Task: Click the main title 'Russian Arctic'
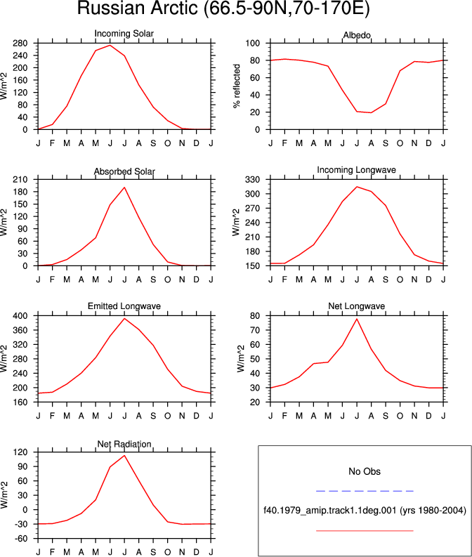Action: (x=137, y=8)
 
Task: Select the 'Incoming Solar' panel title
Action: (x=124, y=34)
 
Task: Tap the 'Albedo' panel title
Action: (x=357, y=35)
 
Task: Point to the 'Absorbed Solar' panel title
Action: (x=124, y=171)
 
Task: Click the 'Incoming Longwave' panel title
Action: (x=357, y=170)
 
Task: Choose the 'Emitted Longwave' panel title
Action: (x=124, y=306)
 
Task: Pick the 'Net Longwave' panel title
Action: (x=357, y=306)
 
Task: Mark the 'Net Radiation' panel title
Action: (x=124, y=444)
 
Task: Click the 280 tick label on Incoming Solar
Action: (x=20, y=44)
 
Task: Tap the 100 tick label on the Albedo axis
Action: (x=253, y=44)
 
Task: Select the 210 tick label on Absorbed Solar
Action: (x=20, y=180)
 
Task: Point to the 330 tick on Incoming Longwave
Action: (x=253, y=180)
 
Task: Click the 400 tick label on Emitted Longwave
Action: (x=20, y=316)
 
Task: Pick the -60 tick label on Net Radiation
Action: (x=20, y=539)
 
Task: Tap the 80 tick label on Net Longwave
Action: (x=255, y=316)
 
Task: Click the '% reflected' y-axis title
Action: (x=237, y=86)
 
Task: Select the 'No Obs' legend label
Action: (x=365, y=471)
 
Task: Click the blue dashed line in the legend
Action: (x=365, y=491)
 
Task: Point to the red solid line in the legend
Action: (x=365, y=531)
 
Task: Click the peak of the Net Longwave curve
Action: (x=357, y=319)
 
